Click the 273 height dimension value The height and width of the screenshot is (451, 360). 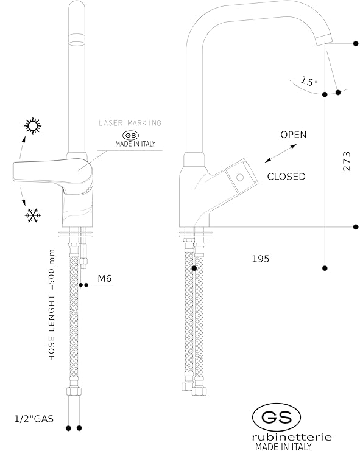point(347,161)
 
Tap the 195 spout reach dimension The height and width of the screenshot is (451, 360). point(261,259)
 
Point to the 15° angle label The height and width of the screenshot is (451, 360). point(308,81)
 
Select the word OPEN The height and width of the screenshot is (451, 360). point(293,135)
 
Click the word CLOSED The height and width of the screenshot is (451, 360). point(286,177)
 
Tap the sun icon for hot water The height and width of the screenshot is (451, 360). point(32,126)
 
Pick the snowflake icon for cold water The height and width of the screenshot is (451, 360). point(33,215)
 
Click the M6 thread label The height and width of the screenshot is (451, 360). point(104,278)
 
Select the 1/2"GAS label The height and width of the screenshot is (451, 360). point(34,419)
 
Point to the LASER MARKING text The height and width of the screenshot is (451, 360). point(130,123)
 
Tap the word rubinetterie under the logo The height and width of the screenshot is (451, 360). point(292,437)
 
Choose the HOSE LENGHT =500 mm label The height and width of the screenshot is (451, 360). point(52,305)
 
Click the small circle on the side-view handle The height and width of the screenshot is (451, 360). point(240,177)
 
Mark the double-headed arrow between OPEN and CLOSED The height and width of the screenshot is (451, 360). point(281,153)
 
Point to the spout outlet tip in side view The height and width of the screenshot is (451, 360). point(323,40)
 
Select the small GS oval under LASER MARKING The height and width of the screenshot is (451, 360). point(130,136)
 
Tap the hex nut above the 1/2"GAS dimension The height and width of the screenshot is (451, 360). point(74,391)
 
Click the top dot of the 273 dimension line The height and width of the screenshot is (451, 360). point(356,43)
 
